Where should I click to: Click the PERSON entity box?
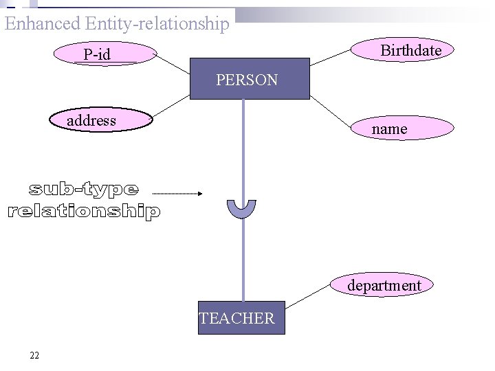(250, 79)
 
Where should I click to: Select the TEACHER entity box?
(241, 317)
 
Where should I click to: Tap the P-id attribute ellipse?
(104, 54)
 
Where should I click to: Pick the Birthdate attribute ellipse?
(403, 50)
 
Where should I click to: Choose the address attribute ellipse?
(100, 120)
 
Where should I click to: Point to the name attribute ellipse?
(402, 128)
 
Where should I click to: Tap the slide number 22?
(34, 355)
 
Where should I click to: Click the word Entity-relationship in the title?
(157, 23)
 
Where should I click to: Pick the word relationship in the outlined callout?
(84, 211)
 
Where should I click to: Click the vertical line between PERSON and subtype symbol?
(243, 148)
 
